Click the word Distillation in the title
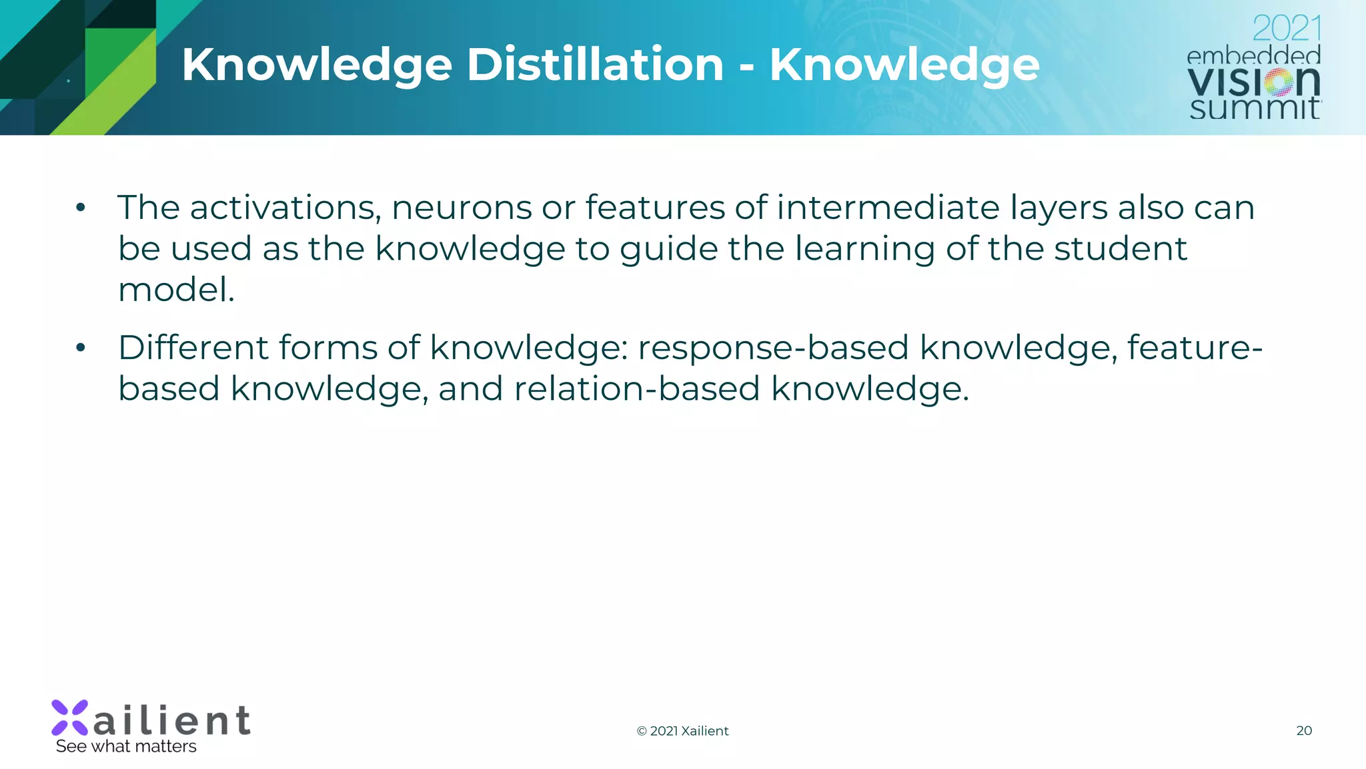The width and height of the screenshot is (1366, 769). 595,65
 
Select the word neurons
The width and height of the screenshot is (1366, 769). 461,208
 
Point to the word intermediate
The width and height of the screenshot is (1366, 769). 888,208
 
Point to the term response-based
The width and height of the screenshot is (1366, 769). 773,349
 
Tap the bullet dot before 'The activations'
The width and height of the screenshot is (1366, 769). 81,208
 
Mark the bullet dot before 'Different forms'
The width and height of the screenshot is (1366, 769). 81,348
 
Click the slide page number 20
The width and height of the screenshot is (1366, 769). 1304,730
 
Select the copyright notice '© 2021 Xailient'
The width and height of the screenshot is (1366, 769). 682,731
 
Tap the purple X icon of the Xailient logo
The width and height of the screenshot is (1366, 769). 70,718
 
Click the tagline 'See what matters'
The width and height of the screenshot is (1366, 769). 126,746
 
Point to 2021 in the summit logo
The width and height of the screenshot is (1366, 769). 1286,29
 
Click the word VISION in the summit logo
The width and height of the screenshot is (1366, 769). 1253,81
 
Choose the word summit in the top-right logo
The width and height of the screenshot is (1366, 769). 1254,108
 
